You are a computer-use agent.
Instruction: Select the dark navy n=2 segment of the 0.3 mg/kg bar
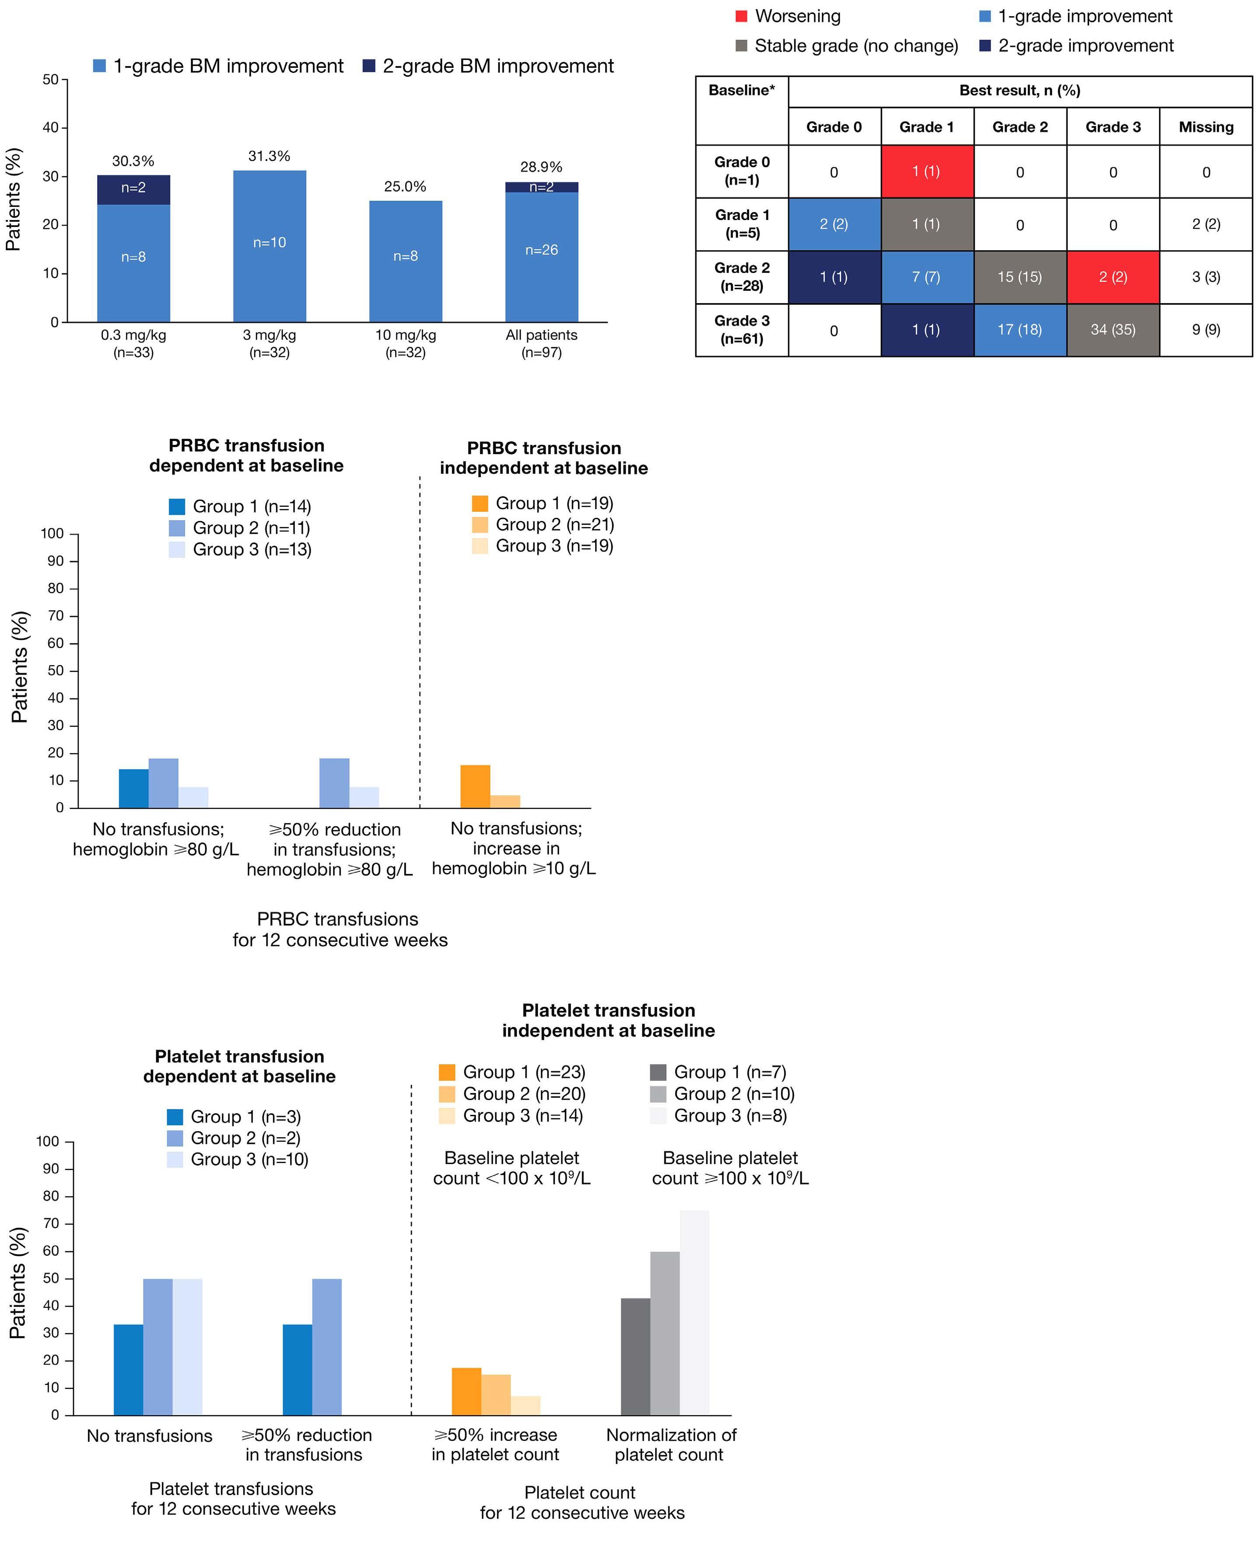point(133,189)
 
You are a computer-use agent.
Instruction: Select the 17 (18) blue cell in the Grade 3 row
point(1020,330)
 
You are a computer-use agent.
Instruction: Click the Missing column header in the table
point(1206,127)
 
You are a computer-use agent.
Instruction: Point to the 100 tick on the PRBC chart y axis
point(52,534)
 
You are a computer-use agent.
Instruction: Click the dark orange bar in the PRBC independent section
point(475,786)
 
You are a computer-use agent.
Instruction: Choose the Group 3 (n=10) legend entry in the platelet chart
point(238,1159)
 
